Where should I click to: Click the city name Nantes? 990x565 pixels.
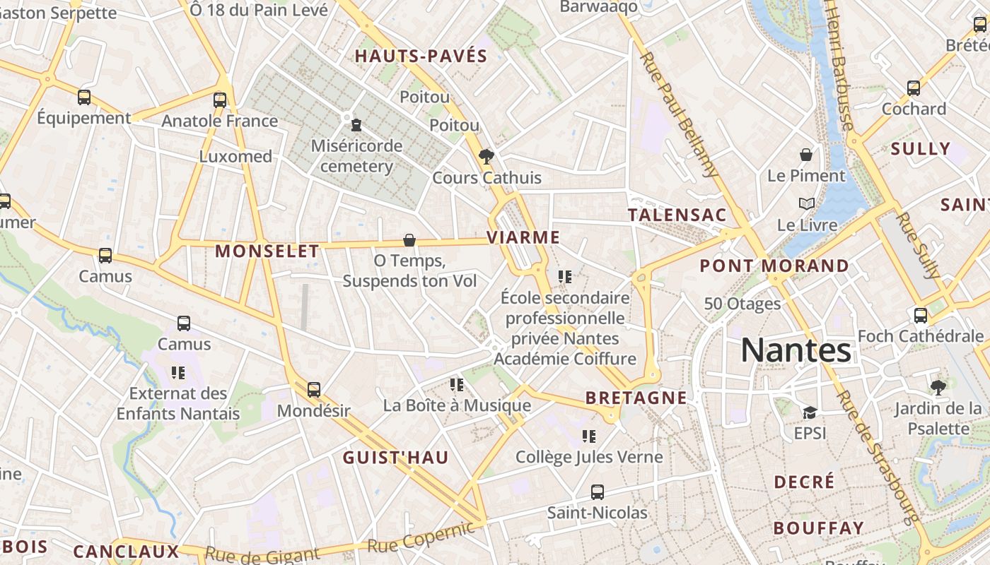[796, 350]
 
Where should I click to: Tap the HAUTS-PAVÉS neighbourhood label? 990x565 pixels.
[421, 56]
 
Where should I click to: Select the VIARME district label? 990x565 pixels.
[523, 237]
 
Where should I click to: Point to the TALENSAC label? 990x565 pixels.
[677, 215]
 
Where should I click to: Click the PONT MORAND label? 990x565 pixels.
[774, 266]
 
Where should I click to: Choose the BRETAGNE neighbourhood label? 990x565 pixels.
[636, 398]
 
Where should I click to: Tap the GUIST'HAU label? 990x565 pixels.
[396, 458]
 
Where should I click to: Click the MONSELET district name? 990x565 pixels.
[267, 251]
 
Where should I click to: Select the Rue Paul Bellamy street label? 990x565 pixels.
[679, 113]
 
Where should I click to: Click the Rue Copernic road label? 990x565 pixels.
[420, 538]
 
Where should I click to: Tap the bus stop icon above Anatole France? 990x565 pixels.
[220, 100]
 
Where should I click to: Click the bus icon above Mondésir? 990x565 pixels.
[314, 389]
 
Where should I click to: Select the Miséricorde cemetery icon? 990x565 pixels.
[356, 125]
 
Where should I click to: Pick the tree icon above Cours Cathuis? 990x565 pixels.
[486, 156]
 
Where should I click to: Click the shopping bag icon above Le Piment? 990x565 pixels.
[805, 154]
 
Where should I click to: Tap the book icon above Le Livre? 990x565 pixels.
[806, 203]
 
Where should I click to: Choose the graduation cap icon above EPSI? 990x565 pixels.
[810, 412]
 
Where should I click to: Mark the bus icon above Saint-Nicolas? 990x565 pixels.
[598, 492]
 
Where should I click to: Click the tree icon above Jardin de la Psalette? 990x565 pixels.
[938, 386]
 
